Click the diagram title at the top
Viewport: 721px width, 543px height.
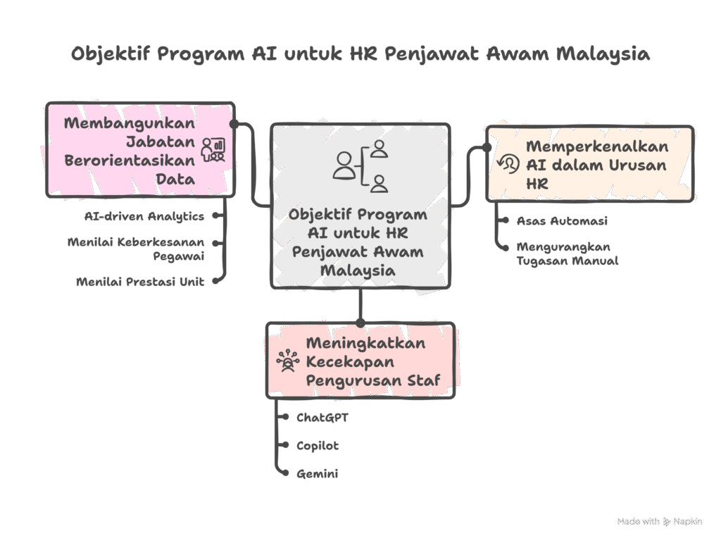360,54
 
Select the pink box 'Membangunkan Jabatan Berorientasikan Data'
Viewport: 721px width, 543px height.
140,150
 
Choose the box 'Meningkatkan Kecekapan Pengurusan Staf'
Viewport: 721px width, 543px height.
360,361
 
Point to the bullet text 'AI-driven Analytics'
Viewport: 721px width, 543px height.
144,216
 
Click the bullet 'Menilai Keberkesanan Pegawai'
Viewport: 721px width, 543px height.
136,249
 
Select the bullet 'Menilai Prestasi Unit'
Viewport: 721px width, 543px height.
140,282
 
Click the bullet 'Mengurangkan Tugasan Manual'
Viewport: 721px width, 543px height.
567,254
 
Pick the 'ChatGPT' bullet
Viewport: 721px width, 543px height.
322,418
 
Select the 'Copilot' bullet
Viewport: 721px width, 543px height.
318,446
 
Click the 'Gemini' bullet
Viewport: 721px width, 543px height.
317,474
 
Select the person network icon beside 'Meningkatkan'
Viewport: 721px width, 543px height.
288,361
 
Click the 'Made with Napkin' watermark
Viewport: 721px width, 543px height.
659,521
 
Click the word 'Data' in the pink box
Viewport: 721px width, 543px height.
175,180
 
